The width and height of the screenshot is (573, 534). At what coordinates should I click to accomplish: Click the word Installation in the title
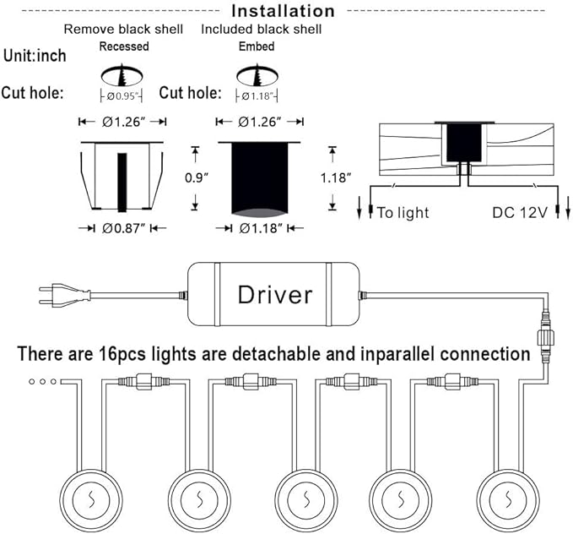pos(283,11)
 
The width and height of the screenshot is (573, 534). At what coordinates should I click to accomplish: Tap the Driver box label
pos(275,294)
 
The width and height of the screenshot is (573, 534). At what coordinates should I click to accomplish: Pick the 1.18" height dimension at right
pos(337,178)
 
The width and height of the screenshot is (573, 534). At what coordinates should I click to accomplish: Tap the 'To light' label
pos(403,212)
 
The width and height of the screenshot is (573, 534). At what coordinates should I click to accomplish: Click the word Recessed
pos(123,46)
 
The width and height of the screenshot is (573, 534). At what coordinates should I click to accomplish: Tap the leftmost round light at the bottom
pos(89,499)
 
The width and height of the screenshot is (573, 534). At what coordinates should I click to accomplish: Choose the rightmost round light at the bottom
pos(508,499)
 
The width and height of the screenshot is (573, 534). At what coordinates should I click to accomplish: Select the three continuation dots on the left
pos(43,382)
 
